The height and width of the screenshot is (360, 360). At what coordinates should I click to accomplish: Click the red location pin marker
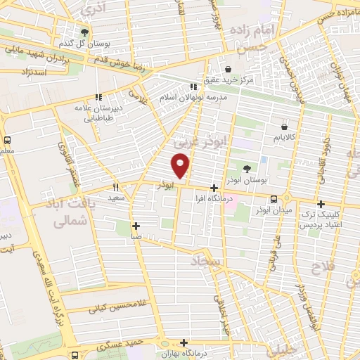pos(181,166)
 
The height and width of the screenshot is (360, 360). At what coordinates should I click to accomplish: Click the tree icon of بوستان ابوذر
pos(246,168)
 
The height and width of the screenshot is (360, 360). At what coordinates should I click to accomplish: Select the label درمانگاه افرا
pos(214,199)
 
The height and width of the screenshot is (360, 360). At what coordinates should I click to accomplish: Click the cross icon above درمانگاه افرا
pos(214,188)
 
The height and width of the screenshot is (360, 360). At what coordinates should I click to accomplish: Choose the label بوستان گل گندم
pos(84,44)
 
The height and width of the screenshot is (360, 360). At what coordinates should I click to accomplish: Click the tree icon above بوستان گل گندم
pos(84,32)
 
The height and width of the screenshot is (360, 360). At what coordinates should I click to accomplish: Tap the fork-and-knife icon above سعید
pos(116,188)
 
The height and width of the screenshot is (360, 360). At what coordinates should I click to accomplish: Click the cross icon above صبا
pos(135,226)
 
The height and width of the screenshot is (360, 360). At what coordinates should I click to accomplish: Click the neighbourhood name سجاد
pos(205,262)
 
